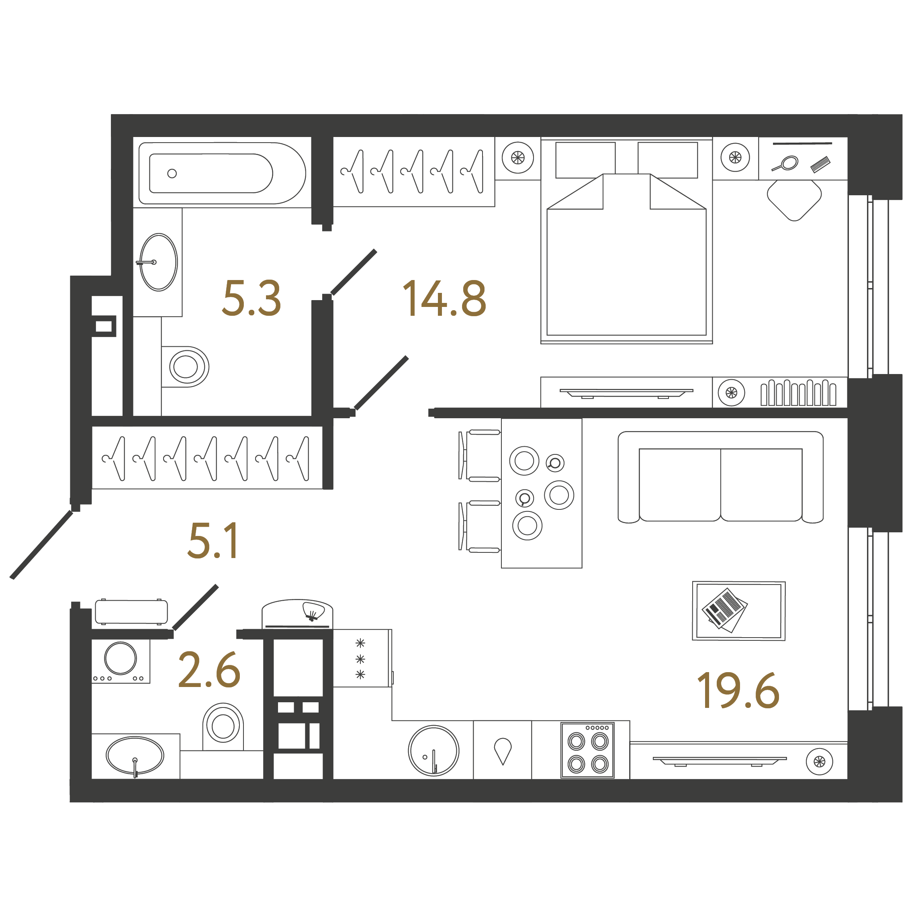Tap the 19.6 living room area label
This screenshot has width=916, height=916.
(738, 690)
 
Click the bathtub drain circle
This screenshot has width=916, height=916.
(172, 174)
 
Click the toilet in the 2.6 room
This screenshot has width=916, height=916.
(223, 726)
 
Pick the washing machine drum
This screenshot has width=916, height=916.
(121, 658)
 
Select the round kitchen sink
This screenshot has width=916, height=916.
(433, 750)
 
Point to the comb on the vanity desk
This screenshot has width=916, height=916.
(820, 164)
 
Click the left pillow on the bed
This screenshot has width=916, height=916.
(585, 160)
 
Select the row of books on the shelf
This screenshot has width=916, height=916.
(798, 393)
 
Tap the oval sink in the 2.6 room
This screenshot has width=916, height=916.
(135, 755)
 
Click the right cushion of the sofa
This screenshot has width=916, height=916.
(761, 485)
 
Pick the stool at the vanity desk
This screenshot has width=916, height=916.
(794, 200)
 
